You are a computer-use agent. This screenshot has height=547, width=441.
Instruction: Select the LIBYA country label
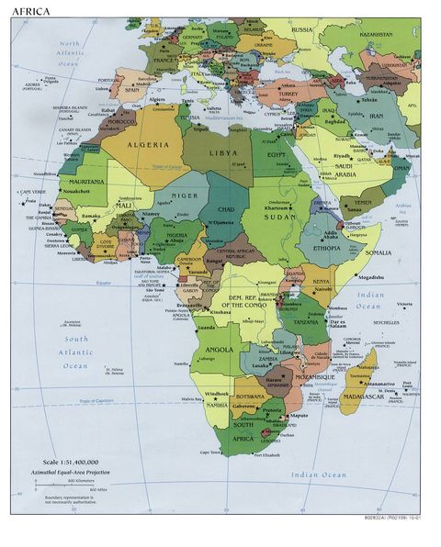click(x=222, y=153)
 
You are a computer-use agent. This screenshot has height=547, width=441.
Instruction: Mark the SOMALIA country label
click(x=377, y=252)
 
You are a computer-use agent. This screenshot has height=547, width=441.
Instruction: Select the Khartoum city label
click(x=283, y=208)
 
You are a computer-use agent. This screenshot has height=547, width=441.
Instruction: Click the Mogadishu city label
click(x=370, y=276)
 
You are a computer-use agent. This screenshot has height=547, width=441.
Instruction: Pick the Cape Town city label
click(x=210, y=452)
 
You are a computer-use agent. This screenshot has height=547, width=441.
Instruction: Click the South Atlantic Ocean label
click(x=75, y=352)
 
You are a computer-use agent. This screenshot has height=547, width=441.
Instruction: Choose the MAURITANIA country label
click(x=85, y=182)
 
